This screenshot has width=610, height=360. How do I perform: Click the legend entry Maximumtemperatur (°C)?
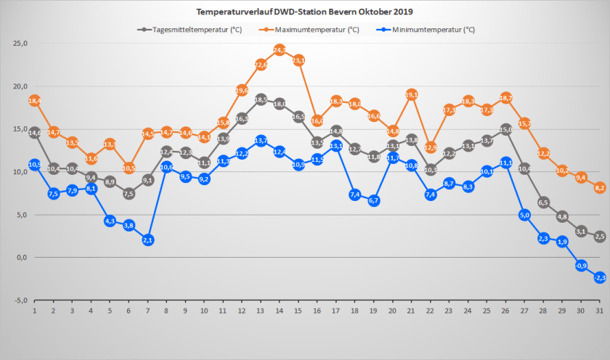pos(314,30)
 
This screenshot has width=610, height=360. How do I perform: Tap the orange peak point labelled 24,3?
pos(280,49)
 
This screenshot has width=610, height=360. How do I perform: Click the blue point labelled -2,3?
pos(600,277)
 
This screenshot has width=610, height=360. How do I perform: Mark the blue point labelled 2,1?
pos(147,240)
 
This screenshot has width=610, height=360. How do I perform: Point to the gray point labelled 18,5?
pos(261,99)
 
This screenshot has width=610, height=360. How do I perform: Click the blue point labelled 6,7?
pos(374,200)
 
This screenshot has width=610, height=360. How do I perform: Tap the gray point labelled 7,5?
pos(129,193)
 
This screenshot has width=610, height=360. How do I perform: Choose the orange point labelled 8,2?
pos(600,187)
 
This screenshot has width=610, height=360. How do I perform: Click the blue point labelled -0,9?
pos(581,266)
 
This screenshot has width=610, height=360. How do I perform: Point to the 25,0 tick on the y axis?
pos(21,44)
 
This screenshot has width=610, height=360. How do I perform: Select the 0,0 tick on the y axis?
pos(21,258)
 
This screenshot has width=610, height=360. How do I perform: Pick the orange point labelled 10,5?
pos(129,168)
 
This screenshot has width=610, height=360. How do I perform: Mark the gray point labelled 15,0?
pos(505,129)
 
